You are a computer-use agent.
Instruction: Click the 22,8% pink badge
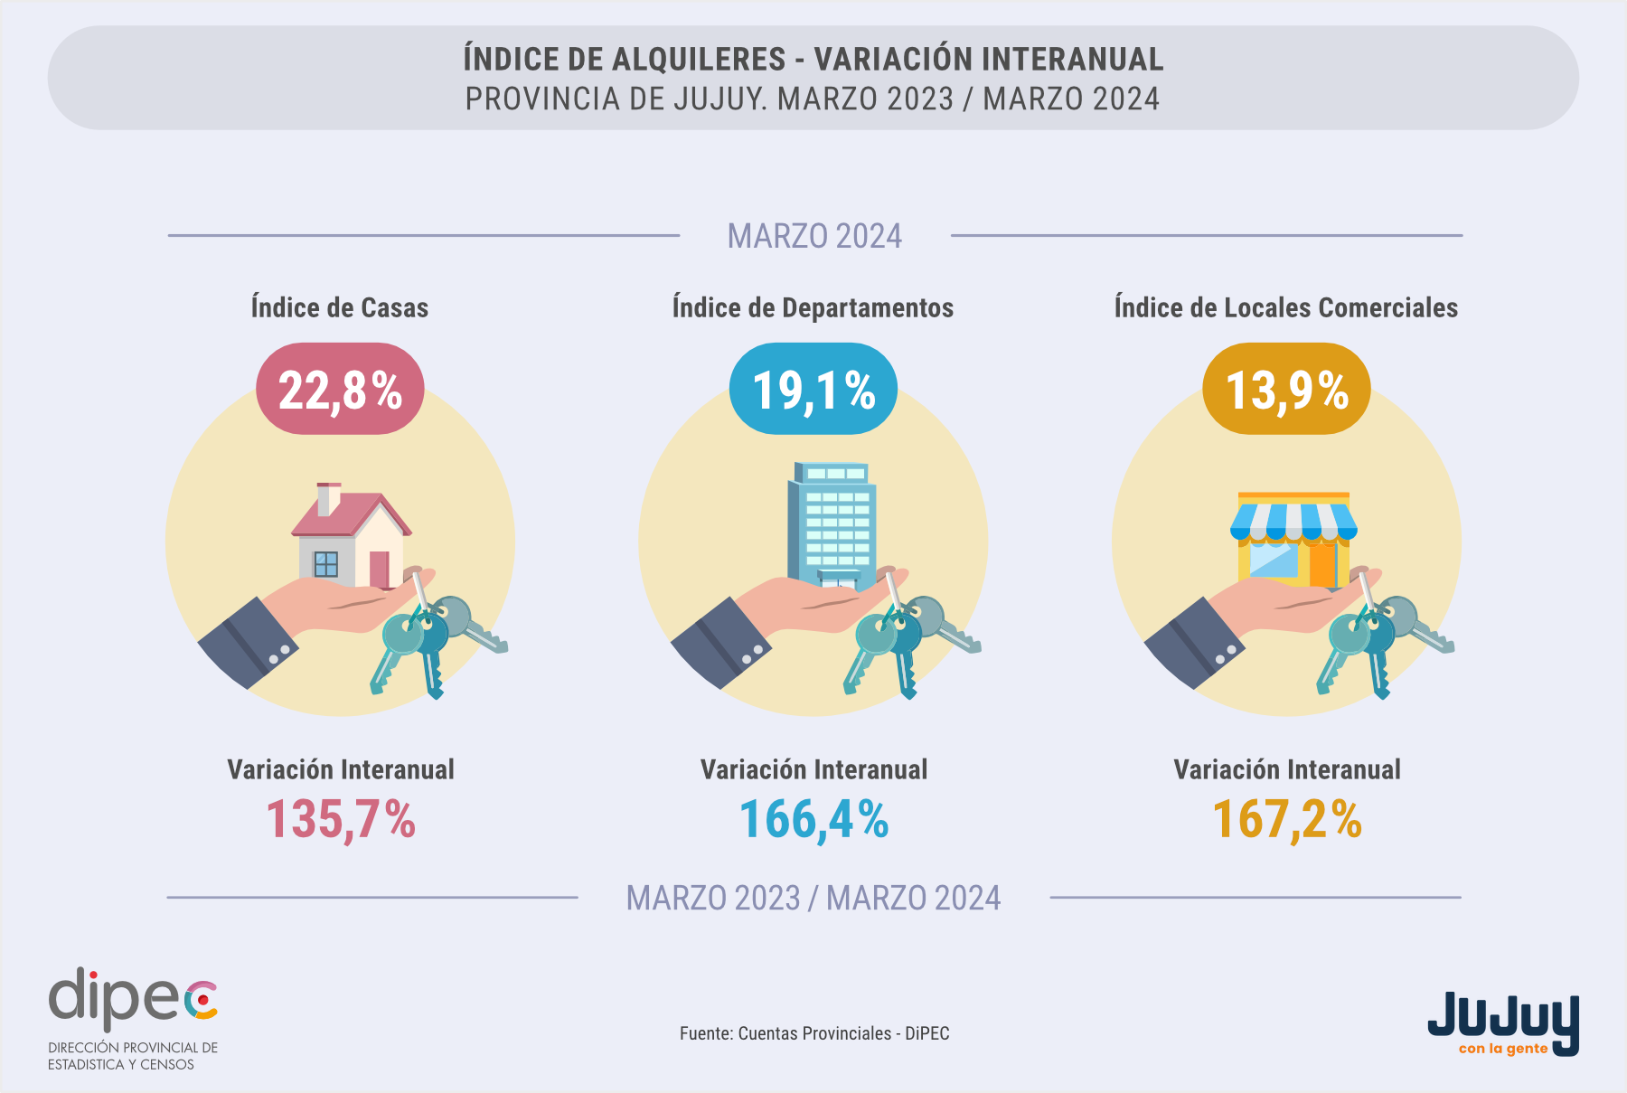340,389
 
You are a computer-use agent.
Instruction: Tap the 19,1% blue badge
813,389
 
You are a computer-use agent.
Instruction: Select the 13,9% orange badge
1286,389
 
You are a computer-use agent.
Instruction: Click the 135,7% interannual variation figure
341,820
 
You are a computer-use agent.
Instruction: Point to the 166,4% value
813,820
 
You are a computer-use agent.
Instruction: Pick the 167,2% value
1287,820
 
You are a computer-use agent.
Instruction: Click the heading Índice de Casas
340,307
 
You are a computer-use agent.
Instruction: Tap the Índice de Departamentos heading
813,307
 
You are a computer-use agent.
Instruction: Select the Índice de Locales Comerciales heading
1286,307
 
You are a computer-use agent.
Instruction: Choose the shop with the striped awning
1293,539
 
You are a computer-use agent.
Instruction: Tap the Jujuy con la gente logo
1503,1024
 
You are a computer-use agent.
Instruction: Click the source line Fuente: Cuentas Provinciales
814,1033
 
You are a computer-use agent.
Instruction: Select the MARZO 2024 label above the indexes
814,236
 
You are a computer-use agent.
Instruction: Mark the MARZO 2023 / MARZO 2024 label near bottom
813,898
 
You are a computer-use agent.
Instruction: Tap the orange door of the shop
1322,562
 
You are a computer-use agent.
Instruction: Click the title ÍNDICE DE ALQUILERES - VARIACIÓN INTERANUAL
813,59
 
